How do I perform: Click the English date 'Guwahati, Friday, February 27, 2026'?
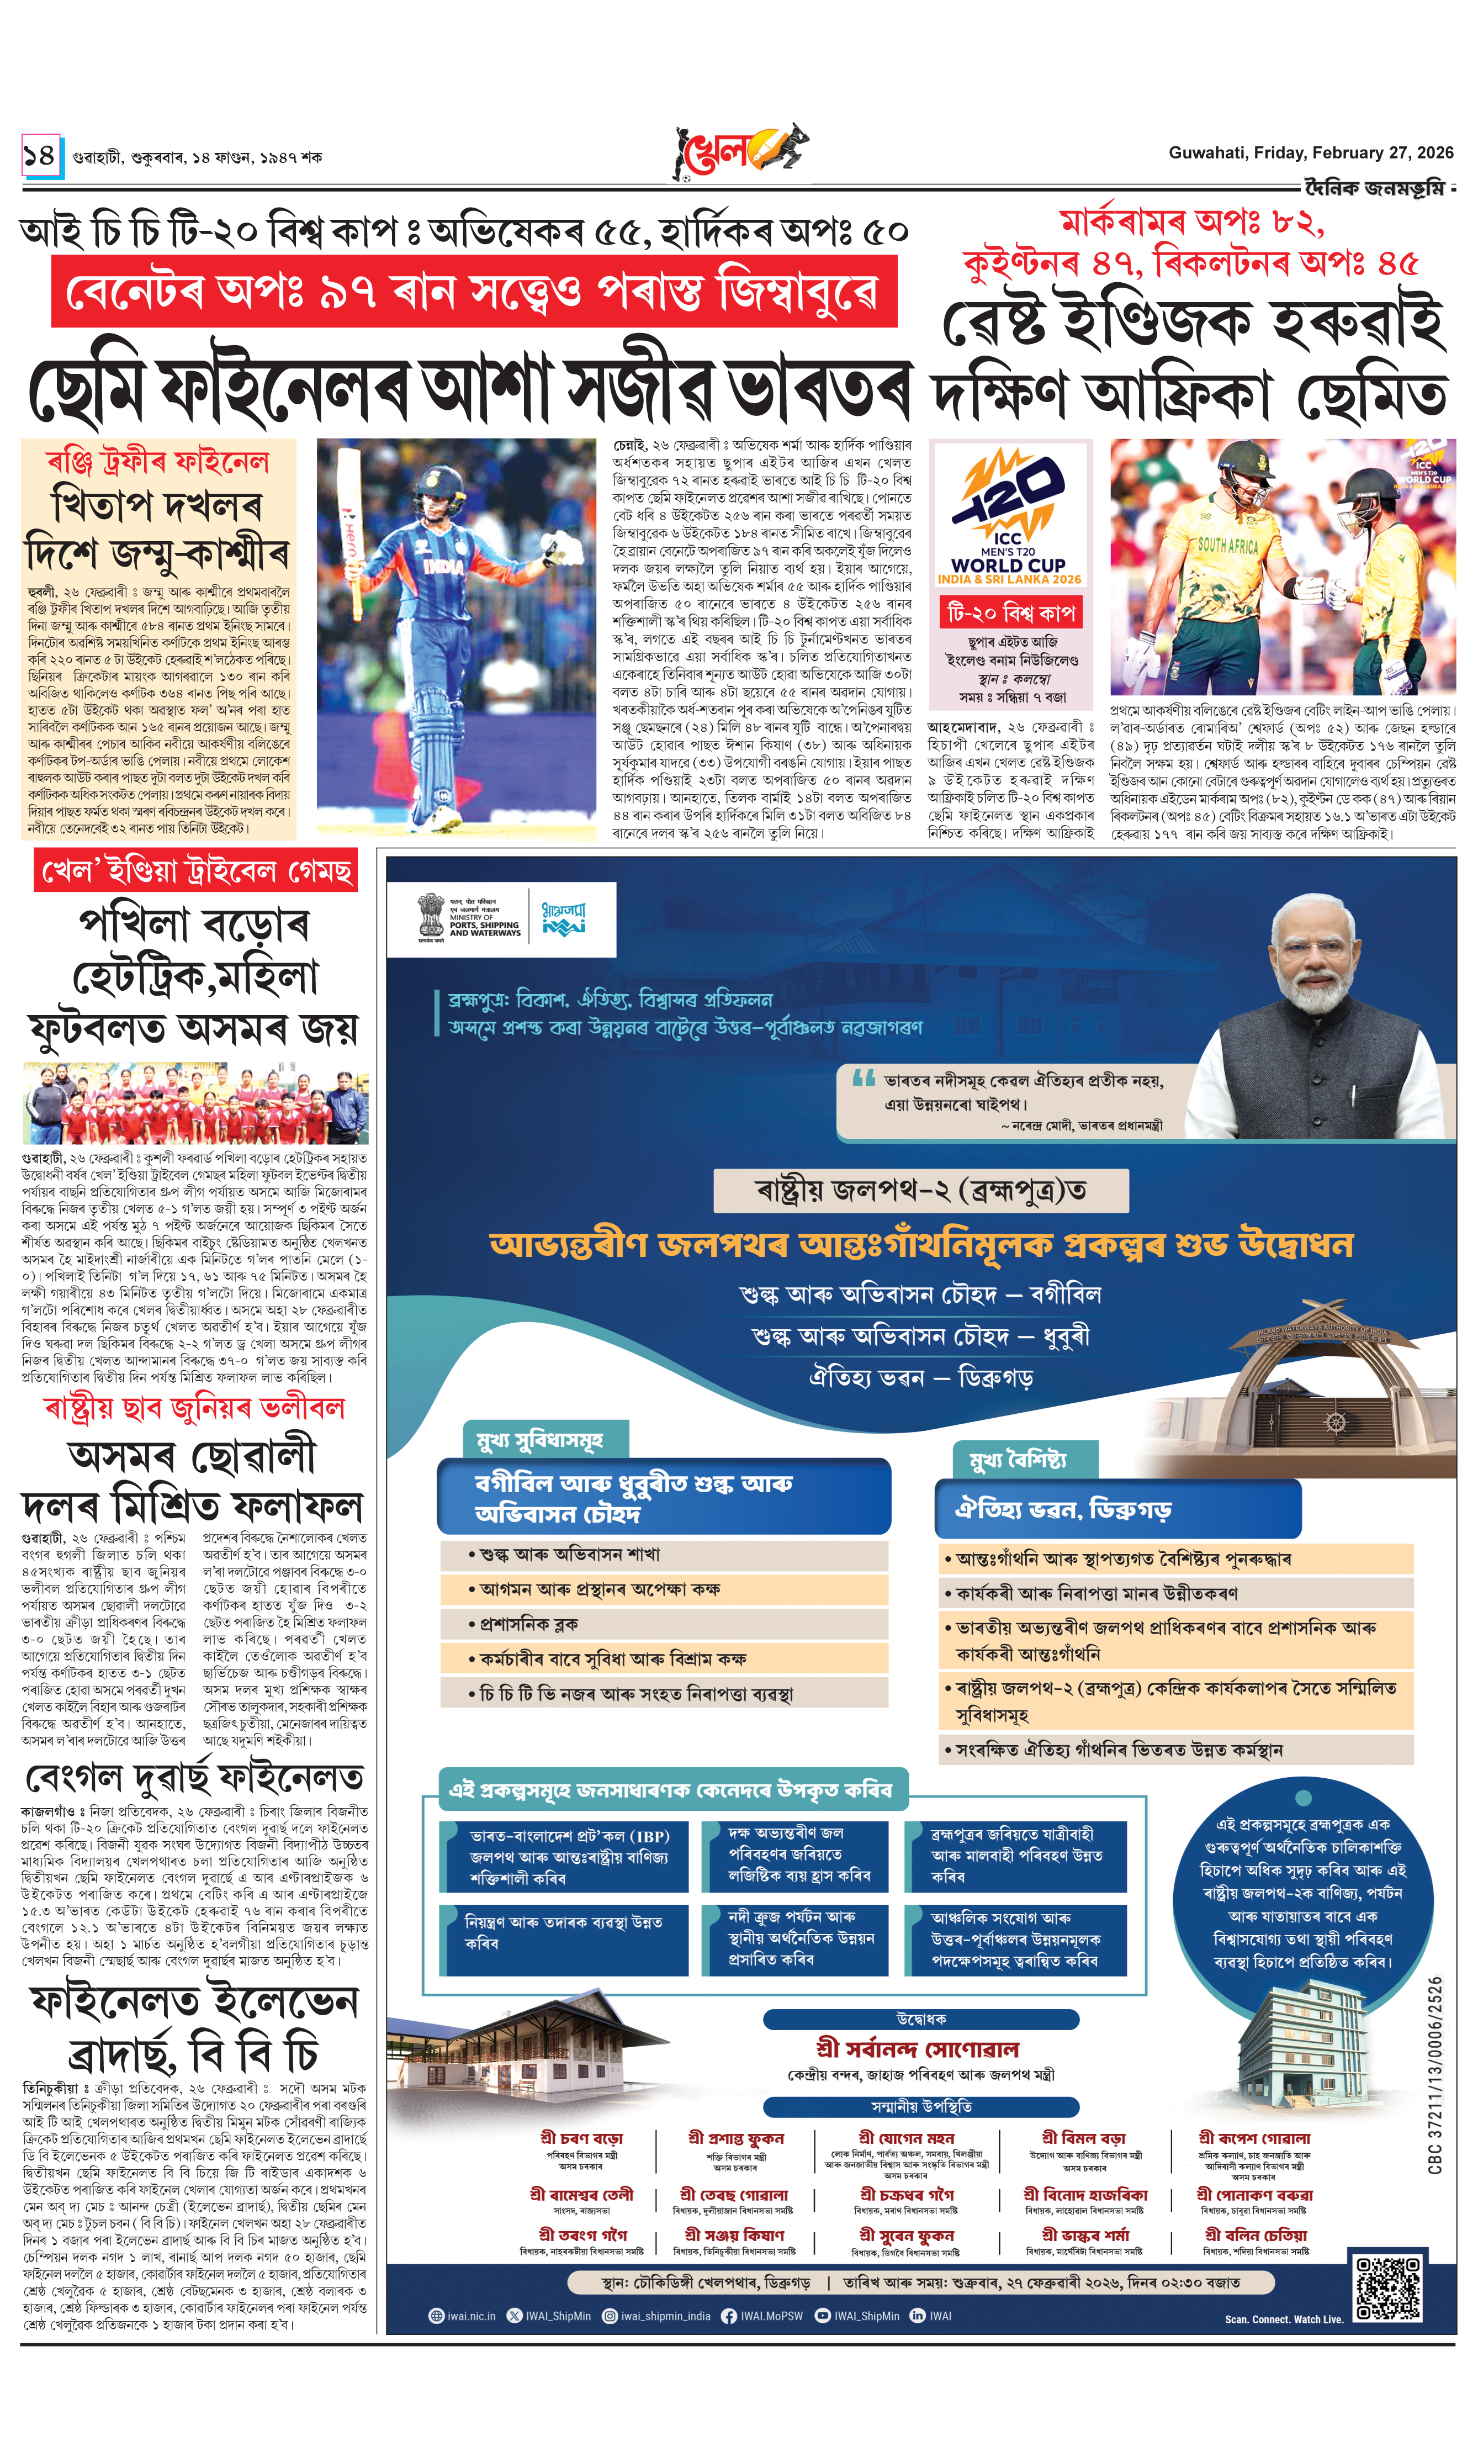coord(1310,152)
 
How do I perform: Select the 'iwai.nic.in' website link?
coord(463,2316)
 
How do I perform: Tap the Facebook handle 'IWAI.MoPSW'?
coord(762,2316)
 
